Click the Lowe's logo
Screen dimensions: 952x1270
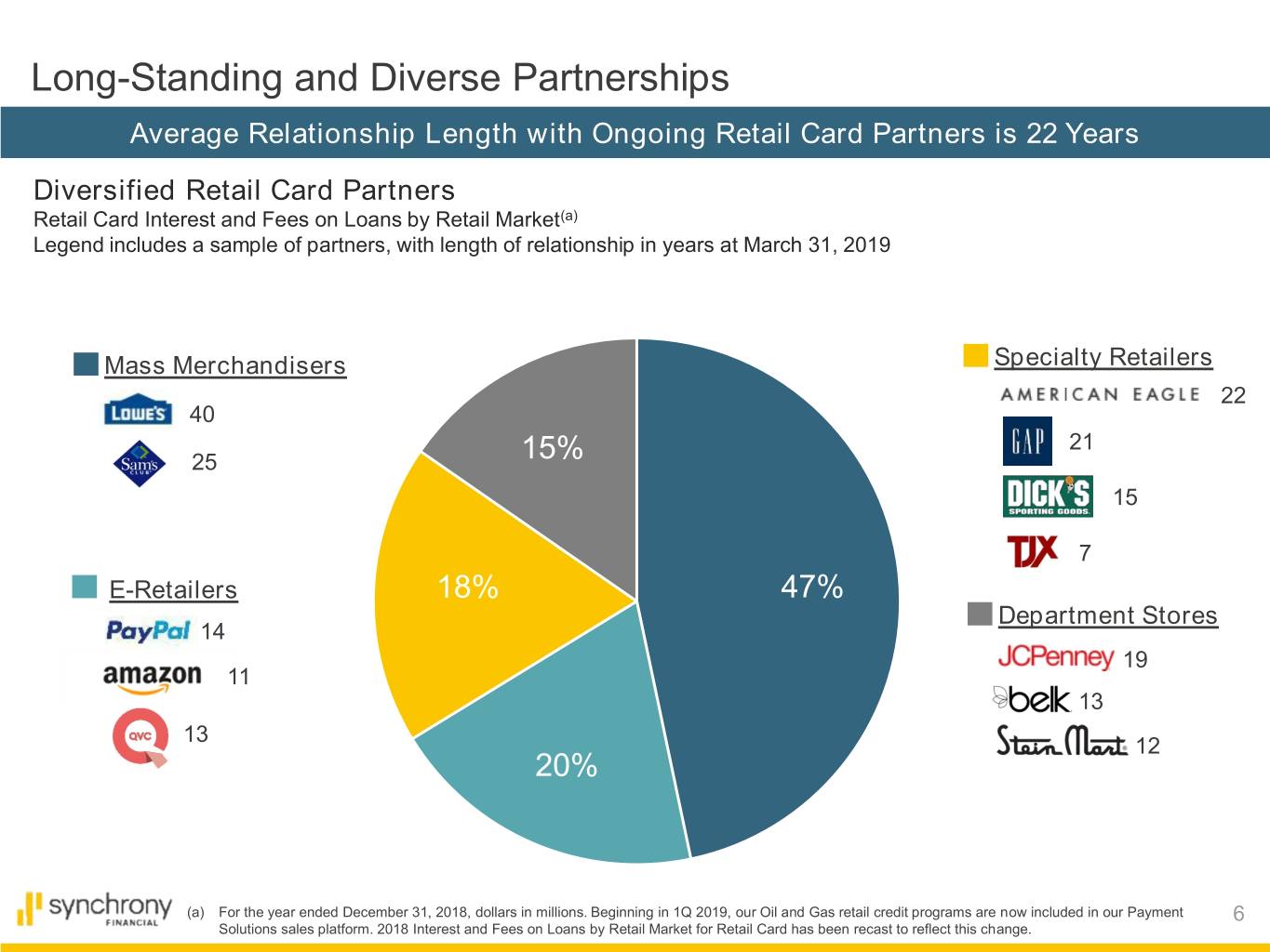[x=138, y=413]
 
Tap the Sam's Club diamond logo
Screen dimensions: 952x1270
[x=139, y=463]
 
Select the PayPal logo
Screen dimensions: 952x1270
[x=148, y=631]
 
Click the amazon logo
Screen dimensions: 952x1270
[x=152, y=677]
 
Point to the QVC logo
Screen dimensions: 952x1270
[x=140, y=737]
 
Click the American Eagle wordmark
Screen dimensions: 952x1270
[x=1100, y=394]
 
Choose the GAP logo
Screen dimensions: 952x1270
[x=1027, y=442]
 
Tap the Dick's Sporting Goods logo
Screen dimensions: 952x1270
[x=1048, y=496]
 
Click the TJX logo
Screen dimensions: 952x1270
[x=1033, y=551]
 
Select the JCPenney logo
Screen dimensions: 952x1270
[x=1055, y=658]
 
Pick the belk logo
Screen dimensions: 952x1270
[x=1032, y=699]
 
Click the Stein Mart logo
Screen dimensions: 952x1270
[x=1062, y=743]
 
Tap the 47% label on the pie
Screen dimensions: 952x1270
[x=811, y=587]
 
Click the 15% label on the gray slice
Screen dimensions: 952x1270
[x=553, y=448]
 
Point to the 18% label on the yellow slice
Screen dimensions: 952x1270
[x=467, y=588]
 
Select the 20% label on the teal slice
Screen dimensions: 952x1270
[x=566, y=765]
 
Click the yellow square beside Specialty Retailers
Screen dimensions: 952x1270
[x=975, y=356]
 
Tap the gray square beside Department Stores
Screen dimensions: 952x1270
[x=980, y=615]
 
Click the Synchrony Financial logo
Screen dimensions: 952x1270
[x=96, y=908]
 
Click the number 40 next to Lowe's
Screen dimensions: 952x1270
[x=202, y=415]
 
